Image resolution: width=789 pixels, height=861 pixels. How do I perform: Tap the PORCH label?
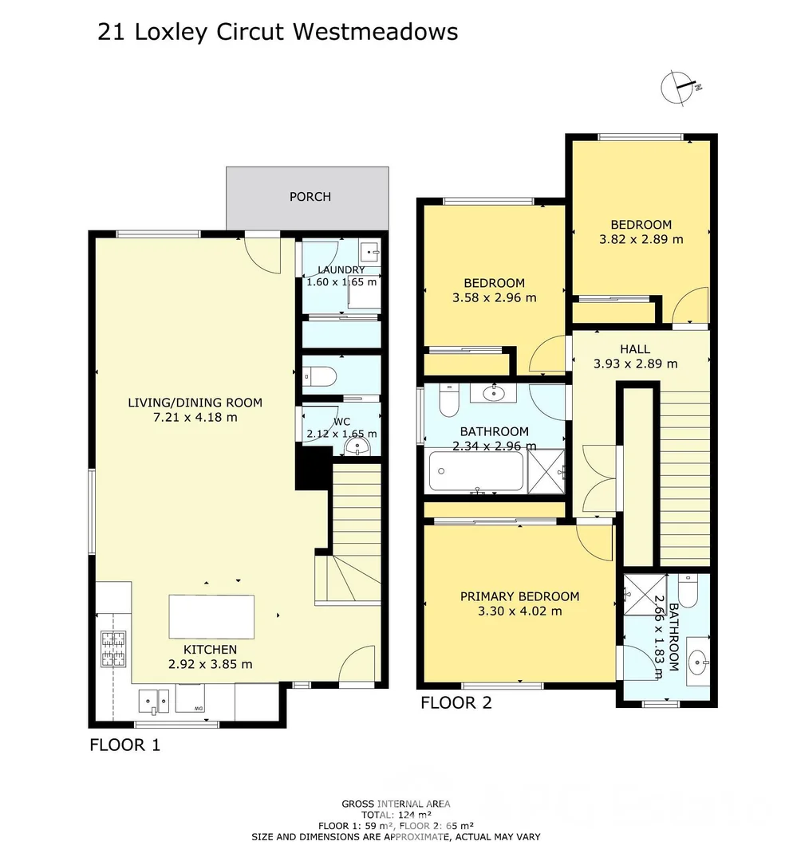pyautogui.click(x=310, y=197)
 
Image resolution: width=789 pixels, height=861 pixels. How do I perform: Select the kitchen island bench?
pyautogui.click(x=211, y=616)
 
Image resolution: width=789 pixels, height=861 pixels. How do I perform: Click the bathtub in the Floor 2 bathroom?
pyautogui.click(x=475, y=471)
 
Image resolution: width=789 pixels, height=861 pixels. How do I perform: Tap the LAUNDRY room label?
pyautogui.click(x=341, y=270)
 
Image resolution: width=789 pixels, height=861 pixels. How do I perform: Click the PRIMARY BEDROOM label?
pyautogui.click(x=519, y=596)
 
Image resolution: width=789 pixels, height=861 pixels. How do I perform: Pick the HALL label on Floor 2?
pyautogui.click(x=635, y=349)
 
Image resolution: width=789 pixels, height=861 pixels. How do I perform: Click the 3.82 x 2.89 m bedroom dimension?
pyautogui.click(x=641, y=239)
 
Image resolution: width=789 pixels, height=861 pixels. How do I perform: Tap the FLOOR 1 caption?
pyautogui.click(x=124, y=746)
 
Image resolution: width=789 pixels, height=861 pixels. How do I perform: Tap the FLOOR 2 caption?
pyautogui.click(x=456, y=703)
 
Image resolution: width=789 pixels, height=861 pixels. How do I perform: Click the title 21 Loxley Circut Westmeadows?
pyautogui.click(x=278, y=32)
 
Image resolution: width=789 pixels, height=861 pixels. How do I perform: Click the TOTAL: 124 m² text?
pyautogui.click(x=396, y=815)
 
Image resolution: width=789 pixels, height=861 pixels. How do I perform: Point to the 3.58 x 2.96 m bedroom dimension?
pyautogui.click(x=495, y=298)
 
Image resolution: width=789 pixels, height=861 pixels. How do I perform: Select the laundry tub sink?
pyautogui.click(x=369, y=250)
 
